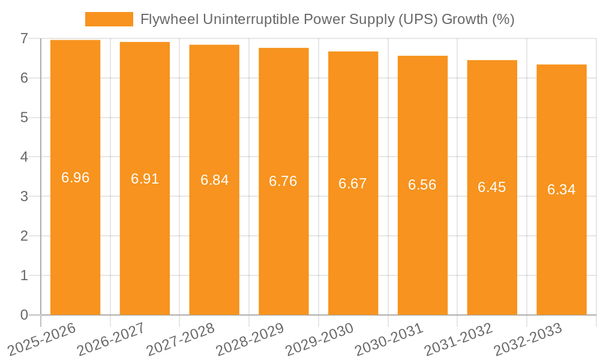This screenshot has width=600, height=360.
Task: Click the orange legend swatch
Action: click(x=109, y=19)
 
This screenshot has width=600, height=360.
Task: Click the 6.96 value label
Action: click(x=75, y=178)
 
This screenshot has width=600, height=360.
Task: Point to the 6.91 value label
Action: click(x=145, y=179)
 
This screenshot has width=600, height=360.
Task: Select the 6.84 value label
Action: click(x=214, y=180)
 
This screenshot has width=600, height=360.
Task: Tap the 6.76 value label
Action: click(x=283, y=181)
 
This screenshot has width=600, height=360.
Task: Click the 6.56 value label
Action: click(x=422, y=185)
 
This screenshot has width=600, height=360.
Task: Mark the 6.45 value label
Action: click(x=492, y=187)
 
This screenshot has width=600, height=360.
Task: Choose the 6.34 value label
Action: click(x=562, y=190)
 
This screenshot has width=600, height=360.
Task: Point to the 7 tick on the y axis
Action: click(x=24, y=38)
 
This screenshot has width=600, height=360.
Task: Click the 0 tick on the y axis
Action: click(x=24, y=315)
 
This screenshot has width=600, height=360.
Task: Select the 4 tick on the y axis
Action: click(x=24, y=157)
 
